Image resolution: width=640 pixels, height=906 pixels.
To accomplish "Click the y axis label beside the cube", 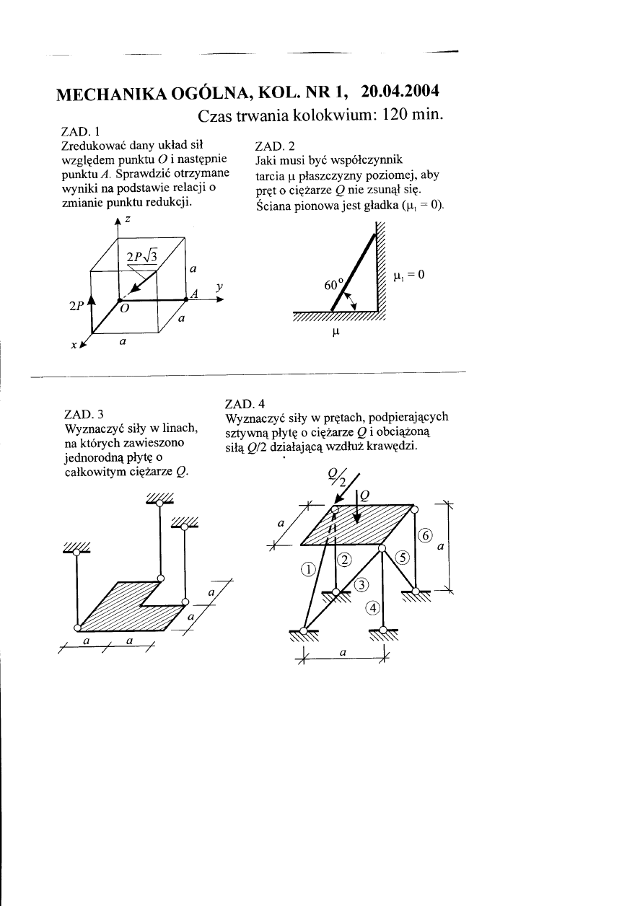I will [x=217, y=287].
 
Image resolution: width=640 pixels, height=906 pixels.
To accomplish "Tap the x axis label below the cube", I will [x=74, y=346].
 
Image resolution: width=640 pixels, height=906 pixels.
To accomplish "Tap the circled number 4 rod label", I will [x=372, y=607].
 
